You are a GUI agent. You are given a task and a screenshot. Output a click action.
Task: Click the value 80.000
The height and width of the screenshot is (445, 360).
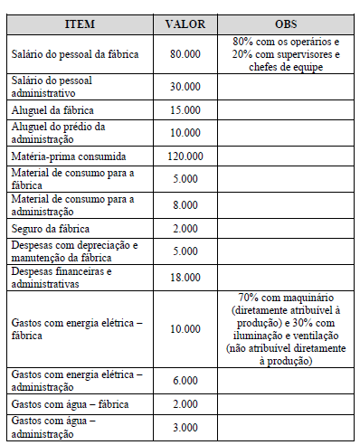[x=185, y=54]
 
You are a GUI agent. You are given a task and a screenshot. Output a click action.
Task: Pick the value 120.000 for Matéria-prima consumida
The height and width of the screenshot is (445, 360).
[x=185, y=156]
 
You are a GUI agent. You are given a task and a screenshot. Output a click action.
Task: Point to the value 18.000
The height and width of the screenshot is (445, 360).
[x=185, y=277]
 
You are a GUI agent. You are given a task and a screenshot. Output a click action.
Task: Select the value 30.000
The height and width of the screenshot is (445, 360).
[x=185, y=87]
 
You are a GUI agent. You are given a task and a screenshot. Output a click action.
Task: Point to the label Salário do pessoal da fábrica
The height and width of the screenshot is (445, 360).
[x=75, y=54]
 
